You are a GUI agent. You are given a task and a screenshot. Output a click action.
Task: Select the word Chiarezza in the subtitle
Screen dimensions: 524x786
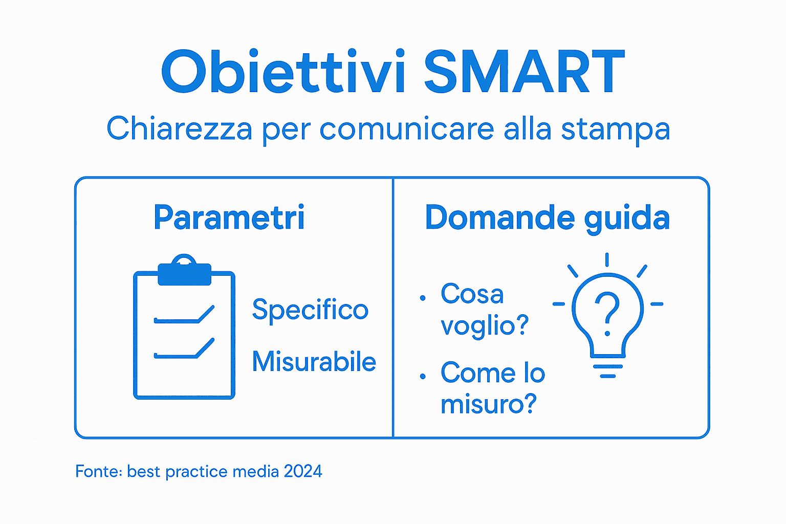pos(179,128)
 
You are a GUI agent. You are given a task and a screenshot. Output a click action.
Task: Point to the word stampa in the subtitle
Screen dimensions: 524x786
pos(615,129)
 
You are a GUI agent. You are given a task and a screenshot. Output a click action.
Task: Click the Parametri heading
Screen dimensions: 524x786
pos(229,217)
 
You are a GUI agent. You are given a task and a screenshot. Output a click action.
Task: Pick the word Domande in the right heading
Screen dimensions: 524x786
pos(499,217)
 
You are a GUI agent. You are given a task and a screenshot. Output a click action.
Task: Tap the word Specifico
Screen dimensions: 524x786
pos(310,310)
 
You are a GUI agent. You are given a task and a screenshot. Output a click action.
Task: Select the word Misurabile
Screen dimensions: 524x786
pos(314,362)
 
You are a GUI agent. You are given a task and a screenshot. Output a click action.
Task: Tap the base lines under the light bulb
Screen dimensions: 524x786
pos(607,371)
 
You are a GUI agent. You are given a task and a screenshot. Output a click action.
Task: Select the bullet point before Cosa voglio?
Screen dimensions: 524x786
pos(423,298)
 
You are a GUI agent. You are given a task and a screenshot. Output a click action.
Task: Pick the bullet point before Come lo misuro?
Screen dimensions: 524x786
pos(423,377)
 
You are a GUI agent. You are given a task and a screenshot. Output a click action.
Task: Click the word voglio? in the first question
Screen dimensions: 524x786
pos(485,325)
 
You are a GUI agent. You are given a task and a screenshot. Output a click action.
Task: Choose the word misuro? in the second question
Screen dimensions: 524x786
pos(489,404)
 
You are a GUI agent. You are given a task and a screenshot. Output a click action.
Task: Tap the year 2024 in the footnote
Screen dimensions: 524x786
pos(303,471)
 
